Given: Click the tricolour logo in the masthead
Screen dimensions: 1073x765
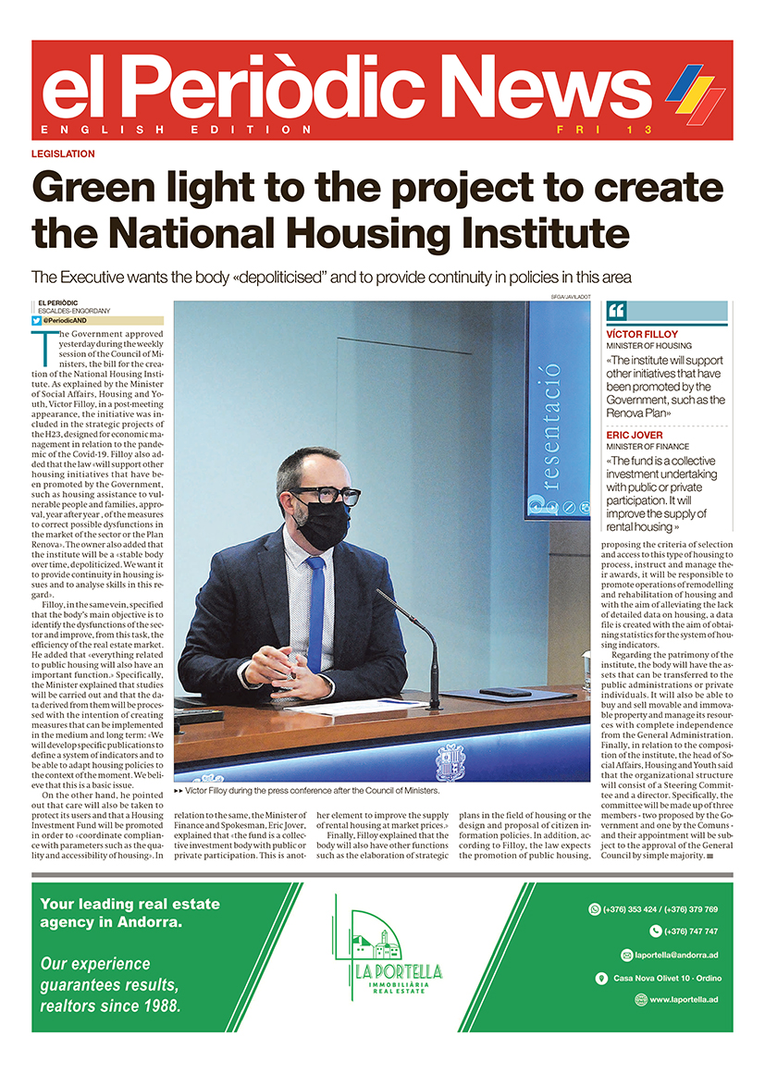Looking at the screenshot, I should click(x=695, y=93).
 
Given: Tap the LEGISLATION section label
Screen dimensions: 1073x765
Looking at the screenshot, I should click(x=63, y=154).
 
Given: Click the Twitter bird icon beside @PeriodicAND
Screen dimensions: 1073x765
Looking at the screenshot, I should click(x=36, y=320).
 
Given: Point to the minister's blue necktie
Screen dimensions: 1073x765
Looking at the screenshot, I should click(x=316, y=600).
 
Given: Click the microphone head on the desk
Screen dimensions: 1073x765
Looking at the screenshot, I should click(x=381, y=593).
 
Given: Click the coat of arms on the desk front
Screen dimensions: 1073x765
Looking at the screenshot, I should click(x=450, y=761).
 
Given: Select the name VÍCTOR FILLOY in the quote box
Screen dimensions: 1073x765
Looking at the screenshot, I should click(x=642, y=334).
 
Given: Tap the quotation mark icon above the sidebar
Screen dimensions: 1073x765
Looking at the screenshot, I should click(x=617, y=311).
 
